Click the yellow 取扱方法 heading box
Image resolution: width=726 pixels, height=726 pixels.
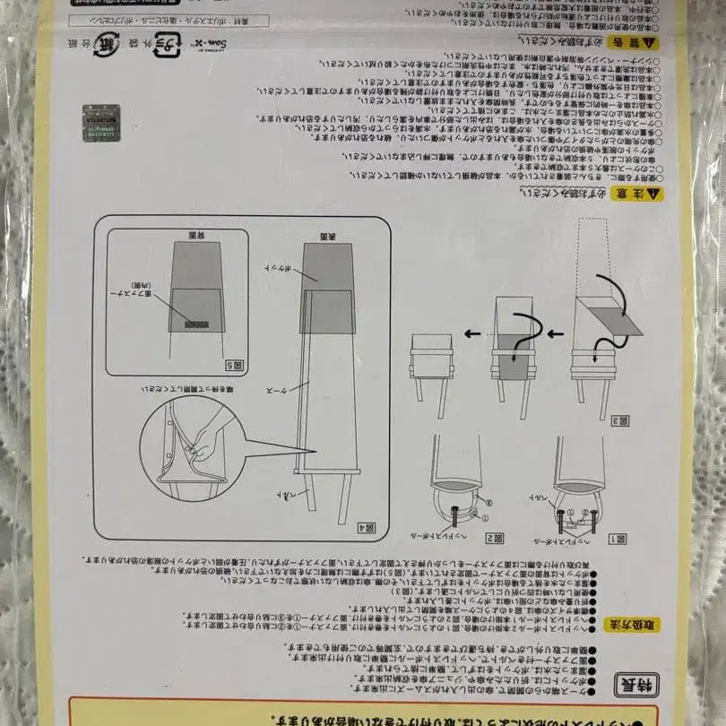(637, 624)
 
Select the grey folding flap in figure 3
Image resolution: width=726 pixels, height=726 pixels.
(618, 319)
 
